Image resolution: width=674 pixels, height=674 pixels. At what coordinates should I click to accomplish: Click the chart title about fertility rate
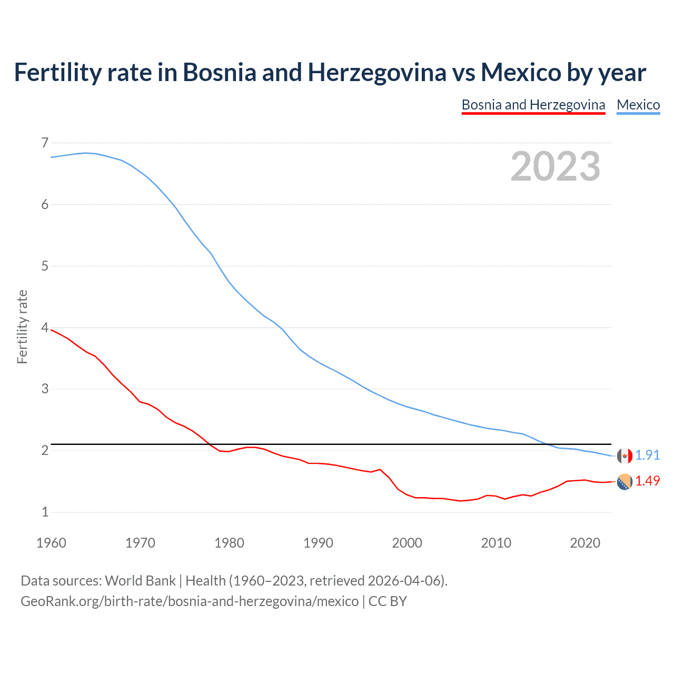tap(330, 73)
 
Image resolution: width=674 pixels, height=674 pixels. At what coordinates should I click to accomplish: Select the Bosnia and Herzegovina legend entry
tap(533, 105)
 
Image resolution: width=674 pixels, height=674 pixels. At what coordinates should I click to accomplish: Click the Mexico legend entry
tap(638, 105)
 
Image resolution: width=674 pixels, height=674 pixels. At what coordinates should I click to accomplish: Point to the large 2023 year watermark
tap(555, 166)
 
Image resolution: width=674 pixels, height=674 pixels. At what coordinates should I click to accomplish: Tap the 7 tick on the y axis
tap(45, 143)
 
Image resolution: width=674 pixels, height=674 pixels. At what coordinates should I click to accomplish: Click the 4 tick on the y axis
tap(45, 328)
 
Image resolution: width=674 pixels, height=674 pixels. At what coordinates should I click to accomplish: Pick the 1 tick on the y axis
tap(45, 512)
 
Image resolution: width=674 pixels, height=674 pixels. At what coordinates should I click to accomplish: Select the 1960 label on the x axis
tap(51, 543)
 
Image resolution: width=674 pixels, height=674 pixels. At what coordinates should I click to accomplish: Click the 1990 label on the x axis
tap(318, 543)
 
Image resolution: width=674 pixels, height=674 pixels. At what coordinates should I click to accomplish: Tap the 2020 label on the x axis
tap(585, 543)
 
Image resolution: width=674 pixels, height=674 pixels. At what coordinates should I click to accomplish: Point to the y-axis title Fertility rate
tap(22, 326)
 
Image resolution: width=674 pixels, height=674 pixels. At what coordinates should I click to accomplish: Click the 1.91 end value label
tap(647, 455)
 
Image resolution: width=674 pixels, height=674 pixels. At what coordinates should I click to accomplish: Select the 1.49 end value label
tap(647, 481)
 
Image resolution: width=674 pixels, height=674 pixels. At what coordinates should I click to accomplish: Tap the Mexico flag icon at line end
tap(625, 456)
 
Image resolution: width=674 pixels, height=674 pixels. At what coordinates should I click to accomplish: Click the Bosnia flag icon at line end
tap(625, 482)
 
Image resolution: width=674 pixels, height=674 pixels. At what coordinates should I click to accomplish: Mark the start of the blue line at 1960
tap(52, 157)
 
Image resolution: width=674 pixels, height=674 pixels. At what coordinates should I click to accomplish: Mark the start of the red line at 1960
tap(52, 330)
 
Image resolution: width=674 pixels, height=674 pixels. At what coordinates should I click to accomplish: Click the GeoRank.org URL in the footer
tap(190, 601)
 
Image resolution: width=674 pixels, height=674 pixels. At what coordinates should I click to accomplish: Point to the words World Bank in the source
tap(140, 581)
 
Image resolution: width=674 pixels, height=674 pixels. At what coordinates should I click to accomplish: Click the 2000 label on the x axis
tap(407, 543)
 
